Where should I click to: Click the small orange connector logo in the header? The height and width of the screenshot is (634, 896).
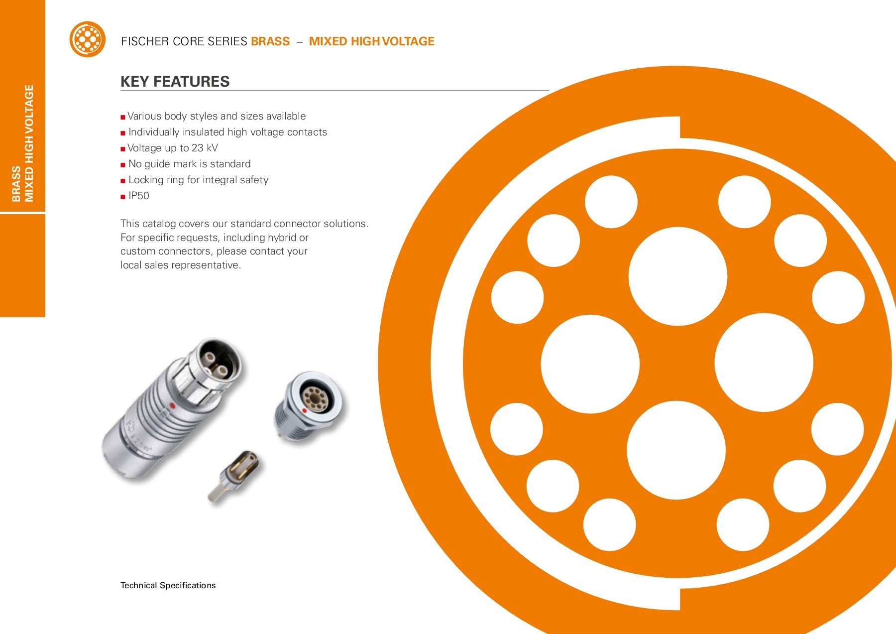coord(88,39)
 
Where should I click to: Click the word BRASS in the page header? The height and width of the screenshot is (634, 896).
coord(270,41)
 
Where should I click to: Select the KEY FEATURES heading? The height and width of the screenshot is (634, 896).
coord(175,82)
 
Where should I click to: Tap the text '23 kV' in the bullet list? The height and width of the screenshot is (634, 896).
coord(205,148)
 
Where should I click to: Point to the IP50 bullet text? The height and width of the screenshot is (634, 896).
coord(139,196)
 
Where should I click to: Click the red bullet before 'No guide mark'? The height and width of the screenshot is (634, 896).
coord(123,165)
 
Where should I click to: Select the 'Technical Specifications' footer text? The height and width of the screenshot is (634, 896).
coord(168,585)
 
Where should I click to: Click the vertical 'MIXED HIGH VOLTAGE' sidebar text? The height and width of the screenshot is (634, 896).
coord(29,143)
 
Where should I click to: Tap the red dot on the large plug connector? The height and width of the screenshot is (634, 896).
coord(172,405)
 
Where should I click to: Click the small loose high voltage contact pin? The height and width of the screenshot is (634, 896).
coord(234,476)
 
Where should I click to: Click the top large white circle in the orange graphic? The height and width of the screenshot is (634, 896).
coord(677,276)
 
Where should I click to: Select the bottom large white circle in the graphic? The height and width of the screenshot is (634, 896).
coord(676,450)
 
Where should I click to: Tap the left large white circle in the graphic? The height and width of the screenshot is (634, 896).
coord(590,364)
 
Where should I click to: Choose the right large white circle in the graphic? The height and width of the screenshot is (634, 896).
coord(764,363)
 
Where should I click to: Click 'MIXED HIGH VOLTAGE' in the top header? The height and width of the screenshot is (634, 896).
coord(371,41)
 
